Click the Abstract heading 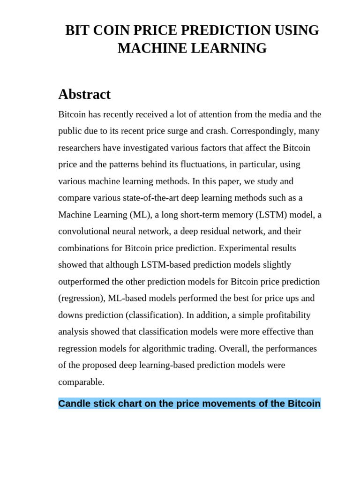tap(84, 94)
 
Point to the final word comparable tap(81, 382)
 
